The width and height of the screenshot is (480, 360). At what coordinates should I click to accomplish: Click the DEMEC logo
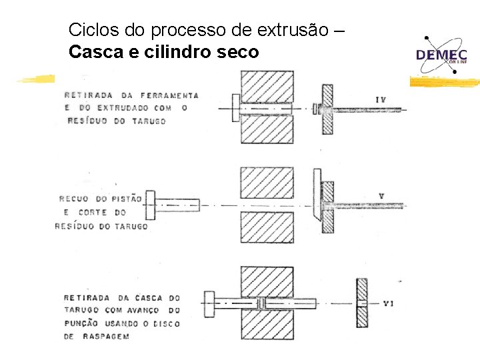tap(442, 53)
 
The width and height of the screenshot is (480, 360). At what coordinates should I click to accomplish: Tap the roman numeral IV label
tap(381, 100)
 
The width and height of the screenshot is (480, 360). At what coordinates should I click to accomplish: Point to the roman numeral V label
tap(381, 196)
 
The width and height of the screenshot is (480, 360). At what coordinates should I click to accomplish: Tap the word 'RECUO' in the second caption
tap(75, 199)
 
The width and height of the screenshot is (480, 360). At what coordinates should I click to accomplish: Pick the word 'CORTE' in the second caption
tap(94, 213)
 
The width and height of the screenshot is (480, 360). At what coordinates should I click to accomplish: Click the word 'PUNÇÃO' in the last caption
tap(81, 323)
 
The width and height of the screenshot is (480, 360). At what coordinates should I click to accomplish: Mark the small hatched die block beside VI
tap(362, 303)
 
